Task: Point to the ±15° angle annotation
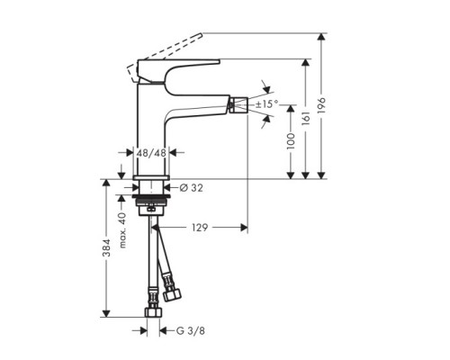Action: (x=268, y=105)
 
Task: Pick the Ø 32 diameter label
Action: (x=190, y=188)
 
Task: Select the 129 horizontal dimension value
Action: (x=199, y=229)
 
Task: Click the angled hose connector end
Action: (x=172, y=292)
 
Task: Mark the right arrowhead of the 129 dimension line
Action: (x=244, y=229)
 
